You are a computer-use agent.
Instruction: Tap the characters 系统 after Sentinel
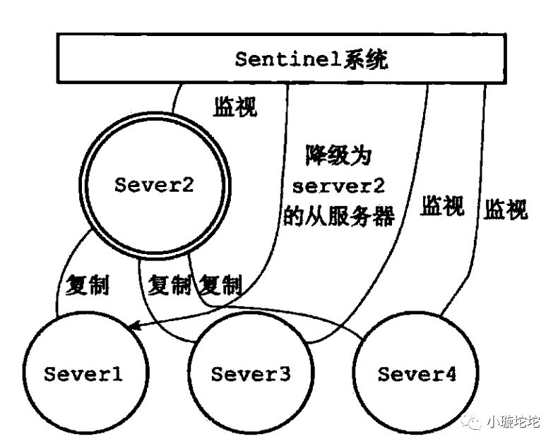(363, 59)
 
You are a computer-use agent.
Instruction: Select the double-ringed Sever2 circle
(155, 186)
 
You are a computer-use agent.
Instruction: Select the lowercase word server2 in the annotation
(333, 185)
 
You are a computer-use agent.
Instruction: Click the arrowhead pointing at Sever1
(133, 325)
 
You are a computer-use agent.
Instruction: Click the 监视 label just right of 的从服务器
(443, 206)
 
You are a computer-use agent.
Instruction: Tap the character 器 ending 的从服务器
(382, 215)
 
